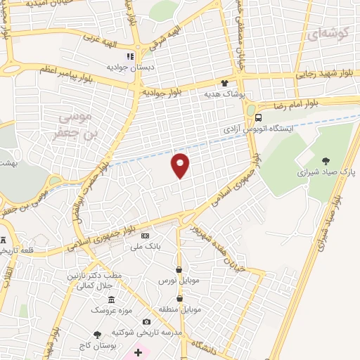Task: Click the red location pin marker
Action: tap(181, 165)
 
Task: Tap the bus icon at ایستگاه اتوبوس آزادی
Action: tap(259, 117)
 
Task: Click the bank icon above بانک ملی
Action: tap(146, 236)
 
